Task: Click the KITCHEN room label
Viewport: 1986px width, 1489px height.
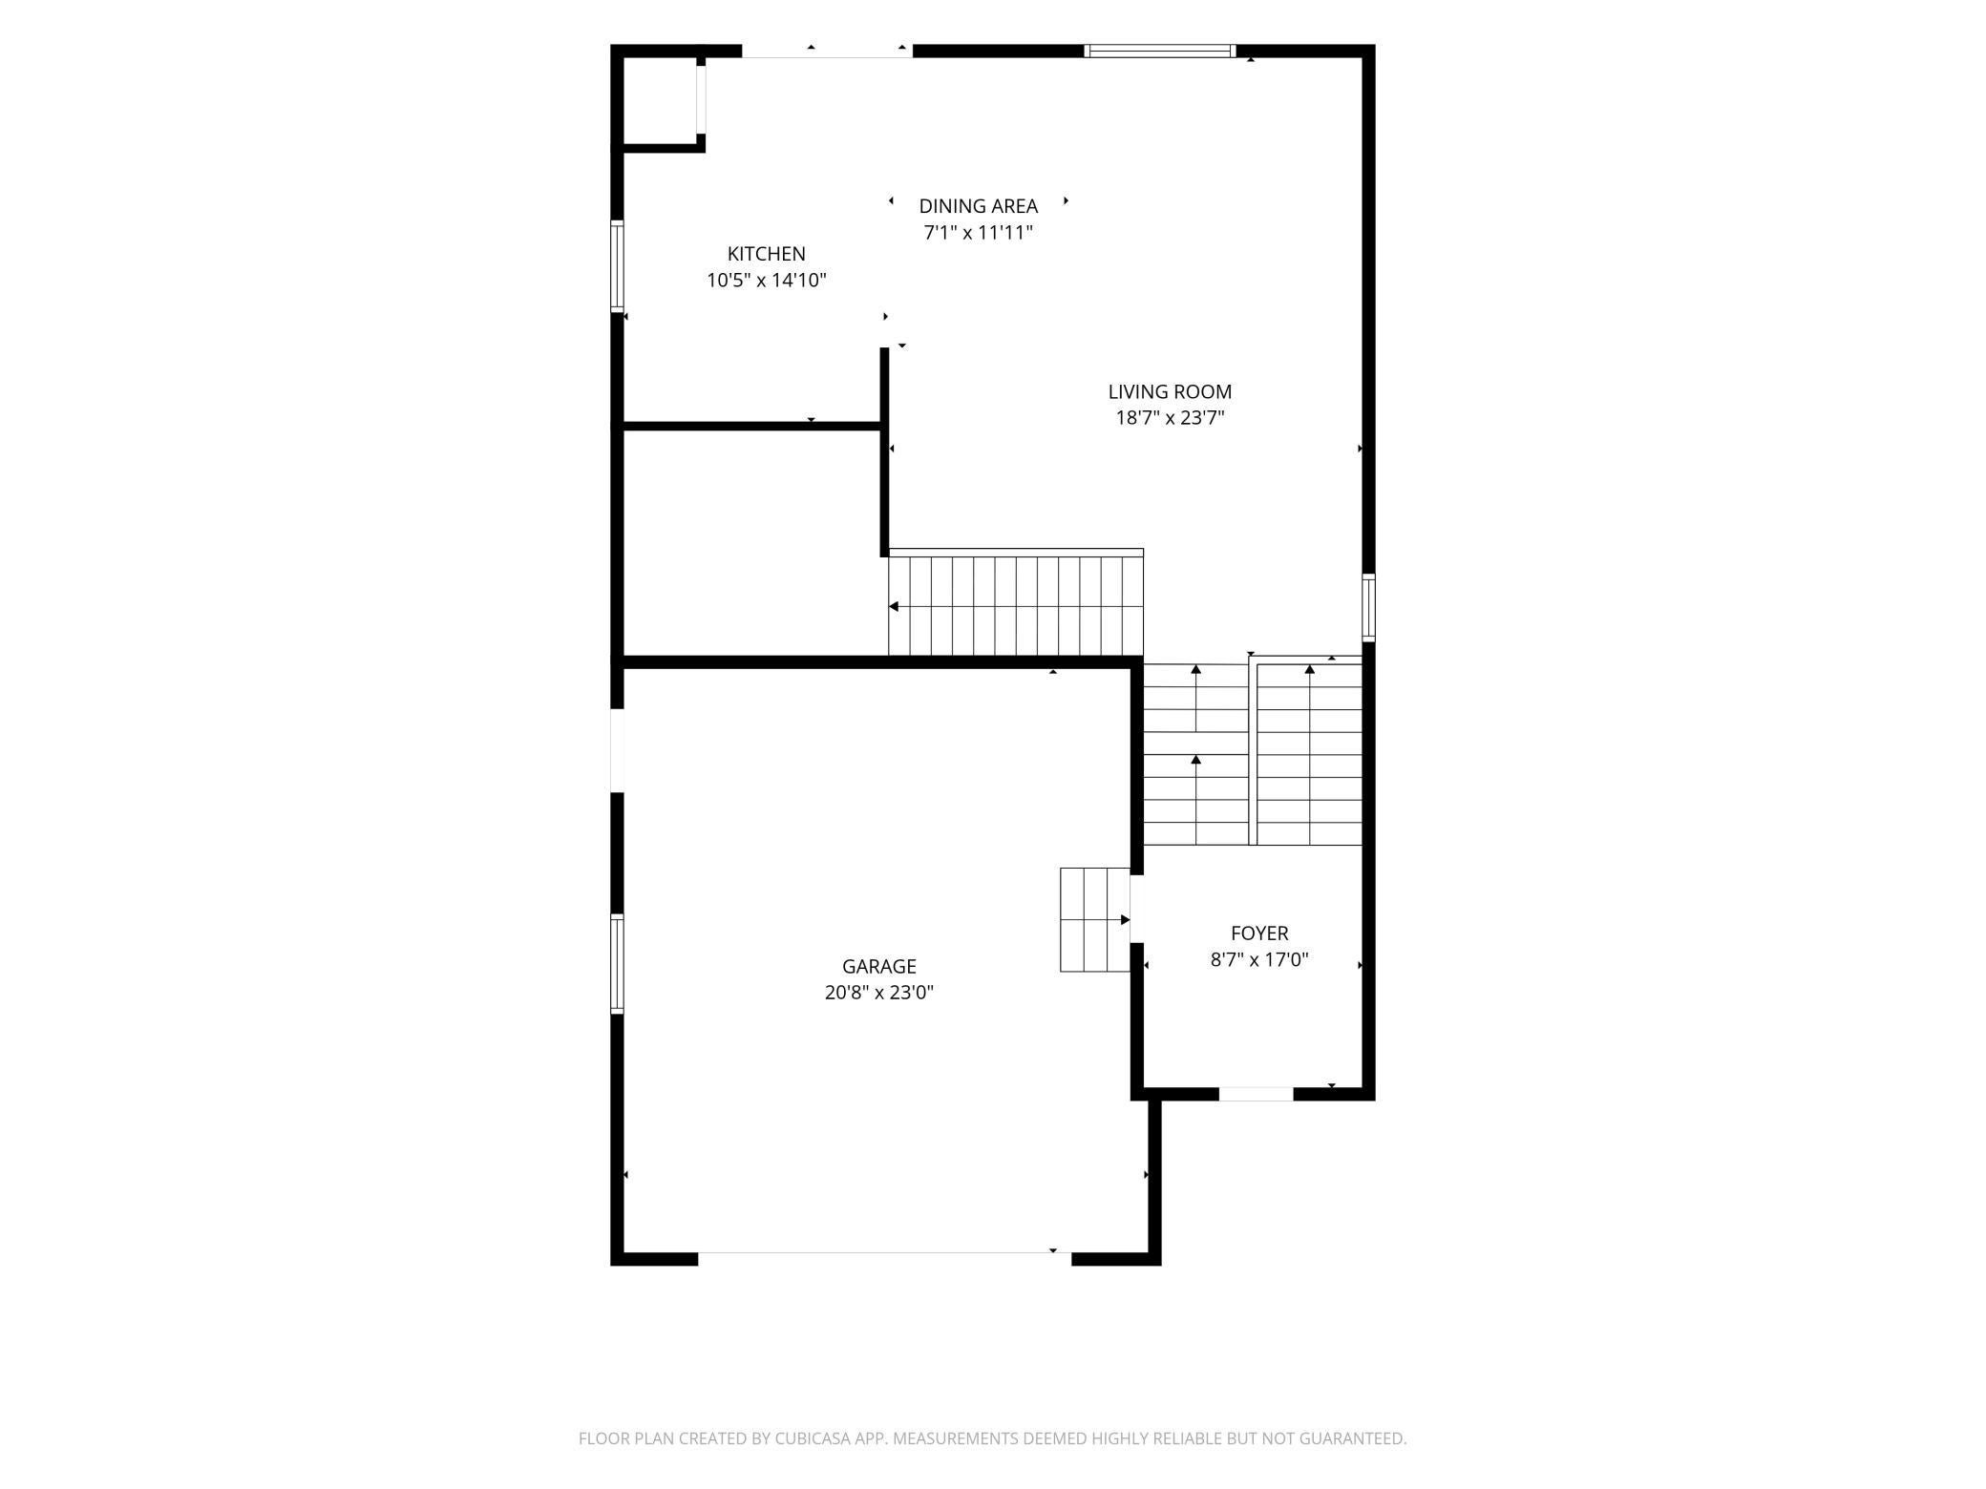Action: [766, 254]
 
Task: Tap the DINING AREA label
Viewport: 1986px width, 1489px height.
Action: [978, 206]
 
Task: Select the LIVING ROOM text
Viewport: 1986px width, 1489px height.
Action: [1170, 391]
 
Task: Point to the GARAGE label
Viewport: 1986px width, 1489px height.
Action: [878, 966]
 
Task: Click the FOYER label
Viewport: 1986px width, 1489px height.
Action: [1259, 933]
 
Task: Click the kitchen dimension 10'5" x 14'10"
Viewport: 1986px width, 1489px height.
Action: [766, 281]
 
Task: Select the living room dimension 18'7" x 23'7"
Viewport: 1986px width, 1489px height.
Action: [1170, 418]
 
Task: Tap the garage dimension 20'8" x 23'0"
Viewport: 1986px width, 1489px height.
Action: [878, 993]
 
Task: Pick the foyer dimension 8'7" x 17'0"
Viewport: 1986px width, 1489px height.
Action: [1259, 960]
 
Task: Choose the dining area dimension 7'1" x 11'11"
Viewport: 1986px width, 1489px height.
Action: [978, 233]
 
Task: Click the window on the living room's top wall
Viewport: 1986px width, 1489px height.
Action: [1160, 51]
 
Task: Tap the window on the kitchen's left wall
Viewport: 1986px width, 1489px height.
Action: [617, 266]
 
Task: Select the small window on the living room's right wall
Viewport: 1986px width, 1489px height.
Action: [1368, 607]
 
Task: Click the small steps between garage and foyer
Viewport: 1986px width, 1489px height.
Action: [1095, 920]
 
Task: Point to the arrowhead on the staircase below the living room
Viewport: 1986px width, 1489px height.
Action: [894, 606]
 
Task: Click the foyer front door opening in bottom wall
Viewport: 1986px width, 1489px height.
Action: [1256, 1094]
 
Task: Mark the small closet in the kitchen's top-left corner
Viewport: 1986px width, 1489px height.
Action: [662, 100]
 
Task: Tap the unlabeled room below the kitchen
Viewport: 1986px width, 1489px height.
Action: [751, 542]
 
